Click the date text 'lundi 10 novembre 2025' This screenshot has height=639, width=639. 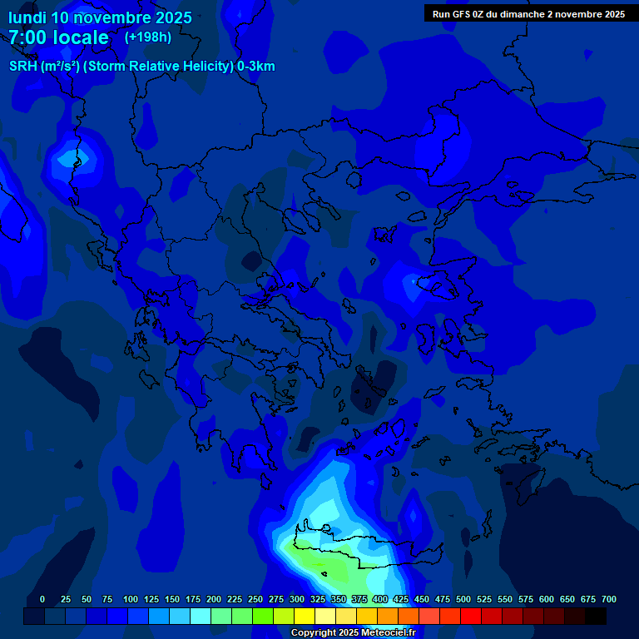100,17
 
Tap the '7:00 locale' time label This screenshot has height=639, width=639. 58,37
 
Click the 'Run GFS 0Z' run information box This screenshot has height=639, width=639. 528,13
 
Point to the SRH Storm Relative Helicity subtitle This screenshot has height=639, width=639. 142,67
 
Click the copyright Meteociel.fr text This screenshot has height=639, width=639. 353,633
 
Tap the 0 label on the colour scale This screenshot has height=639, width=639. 42,599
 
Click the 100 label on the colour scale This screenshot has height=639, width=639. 131,599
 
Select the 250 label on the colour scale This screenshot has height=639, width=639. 255,599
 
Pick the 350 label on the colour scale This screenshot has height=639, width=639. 339,599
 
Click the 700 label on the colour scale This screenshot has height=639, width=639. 608,599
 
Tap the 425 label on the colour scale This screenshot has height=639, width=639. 401,599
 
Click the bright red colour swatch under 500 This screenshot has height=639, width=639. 471,617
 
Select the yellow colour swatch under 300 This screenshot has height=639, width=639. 305,617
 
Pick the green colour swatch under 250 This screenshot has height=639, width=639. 263,617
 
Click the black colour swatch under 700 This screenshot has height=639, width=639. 596,617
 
